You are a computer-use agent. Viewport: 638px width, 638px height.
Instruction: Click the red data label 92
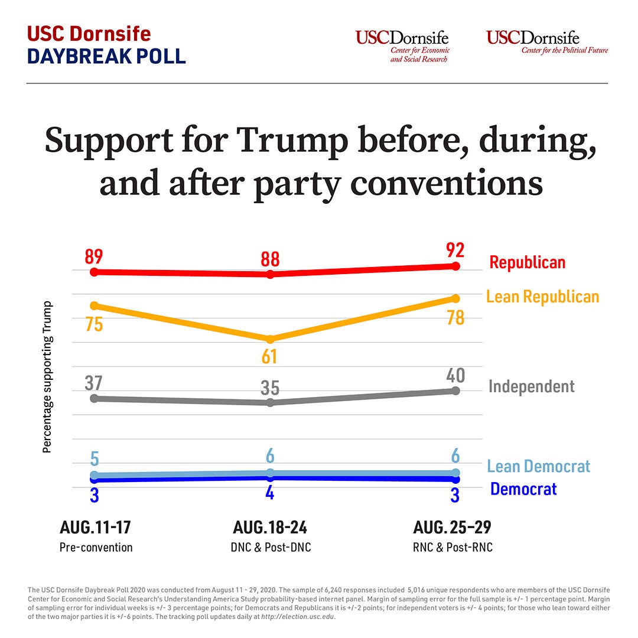click(x=455, y=250)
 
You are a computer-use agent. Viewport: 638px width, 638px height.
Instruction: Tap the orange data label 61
click(x=270, y=356)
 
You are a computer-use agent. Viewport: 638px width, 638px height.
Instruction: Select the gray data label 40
click(x=455, y=376)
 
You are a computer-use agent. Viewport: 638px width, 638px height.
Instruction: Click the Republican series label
click(x=528, y=262)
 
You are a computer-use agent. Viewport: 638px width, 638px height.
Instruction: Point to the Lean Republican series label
click(x=542, y=297)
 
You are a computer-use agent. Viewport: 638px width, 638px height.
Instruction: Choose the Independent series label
click(x=531, y=386)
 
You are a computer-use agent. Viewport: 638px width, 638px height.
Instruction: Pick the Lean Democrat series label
click(x=538, y=466)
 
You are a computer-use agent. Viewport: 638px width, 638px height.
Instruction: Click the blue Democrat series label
click(x=523, y=489)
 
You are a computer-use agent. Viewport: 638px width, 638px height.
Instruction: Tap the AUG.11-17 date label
click(x=95, y=527)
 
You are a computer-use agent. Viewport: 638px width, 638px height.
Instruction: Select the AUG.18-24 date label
click(x=270, y=527)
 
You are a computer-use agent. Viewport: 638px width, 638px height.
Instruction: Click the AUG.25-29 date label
click(x=452, y=527)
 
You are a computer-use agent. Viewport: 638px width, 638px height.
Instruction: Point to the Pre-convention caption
click(x=96, y=547)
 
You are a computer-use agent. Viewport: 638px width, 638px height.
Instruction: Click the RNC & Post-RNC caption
click(x=453, y=547)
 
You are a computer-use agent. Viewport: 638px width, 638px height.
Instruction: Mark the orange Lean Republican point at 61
click(x=270, y=339)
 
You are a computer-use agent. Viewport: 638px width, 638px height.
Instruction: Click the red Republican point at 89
click(x=94, y=272)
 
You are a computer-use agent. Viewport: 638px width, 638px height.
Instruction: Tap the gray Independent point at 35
click(x=270, y=402)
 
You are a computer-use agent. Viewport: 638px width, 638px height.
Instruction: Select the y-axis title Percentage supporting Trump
click(x=47, y=377)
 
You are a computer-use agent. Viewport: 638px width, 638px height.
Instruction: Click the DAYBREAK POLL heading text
click(x=106, y=55)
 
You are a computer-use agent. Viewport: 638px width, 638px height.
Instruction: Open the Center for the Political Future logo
click(x=547, y=42)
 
